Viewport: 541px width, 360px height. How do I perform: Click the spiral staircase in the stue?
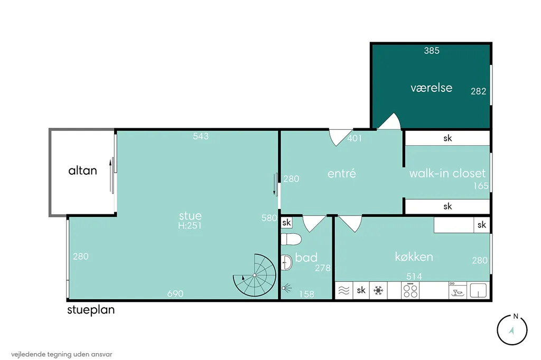[255, 275]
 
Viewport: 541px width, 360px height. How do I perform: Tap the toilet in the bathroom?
[291, 239]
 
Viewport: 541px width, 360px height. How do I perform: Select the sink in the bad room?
[286, 263]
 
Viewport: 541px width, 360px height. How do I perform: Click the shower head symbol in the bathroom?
[286, 288]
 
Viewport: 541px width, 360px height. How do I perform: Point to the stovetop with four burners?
[410, 290]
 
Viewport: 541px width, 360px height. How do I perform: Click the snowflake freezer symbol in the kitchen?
[378, 290]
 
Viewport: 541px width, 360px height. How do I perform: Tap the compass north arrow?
[511, 330]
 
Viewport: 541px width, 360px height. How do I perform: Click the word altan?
[82, 170]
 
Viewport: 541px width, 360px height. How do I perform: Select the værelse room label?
[431, 88]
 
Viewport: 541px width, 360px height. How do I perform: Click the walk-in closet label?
[447, 173]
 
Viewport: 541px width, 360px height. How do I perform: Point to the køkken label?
[414, 257]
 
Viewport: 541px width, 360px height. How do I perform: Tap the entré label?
[342, 173]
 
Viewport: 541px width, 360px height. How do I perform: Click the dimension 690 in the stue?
[175, 294]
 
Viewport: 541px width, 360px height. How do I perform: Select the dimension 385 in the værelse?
[432, 51]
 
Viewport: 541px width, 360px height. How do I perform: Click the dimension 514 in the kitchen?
[414, 276]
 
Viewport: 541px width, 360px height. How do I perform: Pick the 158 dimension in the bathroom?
[307, 294]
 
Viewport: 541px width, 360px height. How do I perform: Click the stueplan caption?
[91, 310]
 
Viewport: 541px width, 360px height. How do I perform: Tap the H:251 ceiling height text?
[190, 225]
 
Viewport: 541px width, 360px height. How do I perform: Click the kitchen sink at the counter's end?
[478, 290]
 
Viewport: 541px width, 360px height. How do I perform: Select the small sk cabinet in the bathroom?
[286, 223]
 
